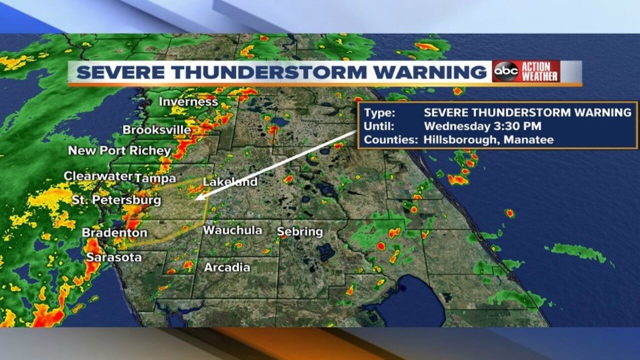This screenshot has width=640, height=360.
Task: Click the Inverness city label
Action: [x=188, y=102]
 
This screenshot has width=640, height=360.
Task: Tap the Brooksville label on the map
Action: [x=157, y=130]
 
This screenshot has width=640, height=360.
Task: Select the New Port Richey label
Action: [x=119, y=150]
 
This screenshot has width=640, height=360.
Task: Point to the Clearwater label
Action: [x=98, y=176]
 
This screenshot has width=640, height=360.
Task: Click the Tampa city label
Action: [x=155, y=178]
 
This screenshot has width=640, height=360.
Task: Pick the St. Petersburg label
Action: [x=116, y=200]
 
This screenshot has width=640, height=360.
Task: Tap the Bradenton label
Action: [x=114, y=233]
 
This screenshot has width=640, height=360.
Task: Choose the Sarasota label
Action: [x=114, y=258]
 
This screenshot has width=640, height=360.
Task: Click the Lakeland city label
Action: [x=230, y=182]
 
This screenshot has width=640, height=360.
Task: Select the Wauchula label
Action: [x=232, y=230]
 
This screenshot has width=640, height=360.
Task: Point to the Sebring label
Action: [x=300, y=232]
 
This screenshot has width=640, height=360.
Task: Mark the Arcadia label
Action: [x=227, y=267]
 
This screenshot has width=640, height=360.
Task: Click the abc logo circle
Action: [x=505, y=72]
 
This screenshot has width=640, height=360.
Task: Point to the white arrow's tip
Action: [x=196, y=199]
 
